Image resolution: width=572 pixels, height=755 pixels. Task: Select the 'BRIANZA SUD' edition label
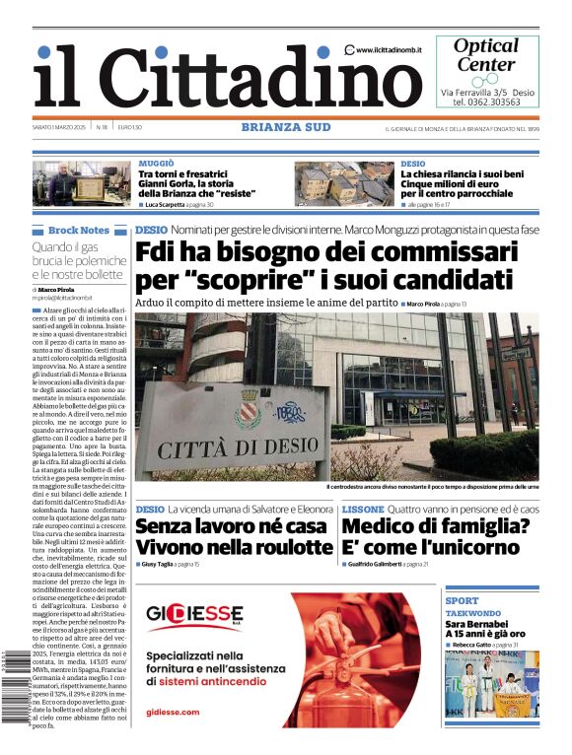(286, 126)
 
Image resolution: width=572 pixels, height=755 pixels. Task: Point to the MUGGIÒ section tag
(156, 163)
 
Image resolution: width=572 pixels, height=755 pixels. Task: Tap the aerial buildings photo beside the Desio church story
(344, 184)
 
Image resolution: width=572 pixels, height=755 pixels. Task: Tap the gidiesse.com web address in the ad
(173, 712)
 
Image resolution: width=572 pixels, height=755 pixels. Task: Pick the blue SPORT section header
(462, 600)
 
